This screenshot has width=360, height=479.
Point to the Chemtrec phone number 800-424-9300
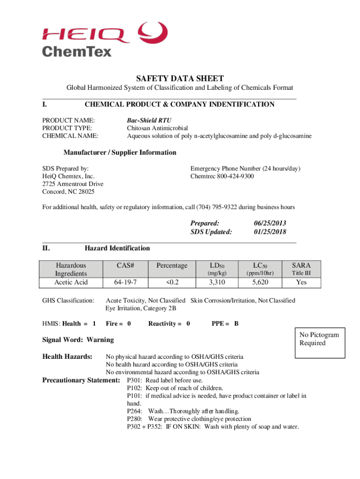(222, 176)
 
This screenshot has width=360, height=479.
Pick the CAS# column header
(125, 265)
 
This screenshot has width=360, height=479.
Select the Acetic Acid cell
(71, 282)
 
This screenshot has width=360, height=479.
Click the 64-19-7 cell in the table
(125, 282)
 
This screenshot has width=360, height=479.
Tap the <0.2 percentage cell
(172, 282)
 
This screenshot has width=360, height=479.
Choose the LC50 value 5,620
(260, 282)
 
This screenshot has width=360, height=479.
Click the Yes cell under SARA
(302, 282)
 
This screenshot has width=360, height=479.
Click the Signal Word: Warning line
(78, 339)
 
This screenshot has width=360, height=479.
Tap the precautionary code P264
(135, 411)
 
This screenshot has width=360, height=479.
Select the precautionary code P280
(135, 419)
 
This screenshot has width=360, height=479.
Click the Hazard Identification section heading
(117, 248)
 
